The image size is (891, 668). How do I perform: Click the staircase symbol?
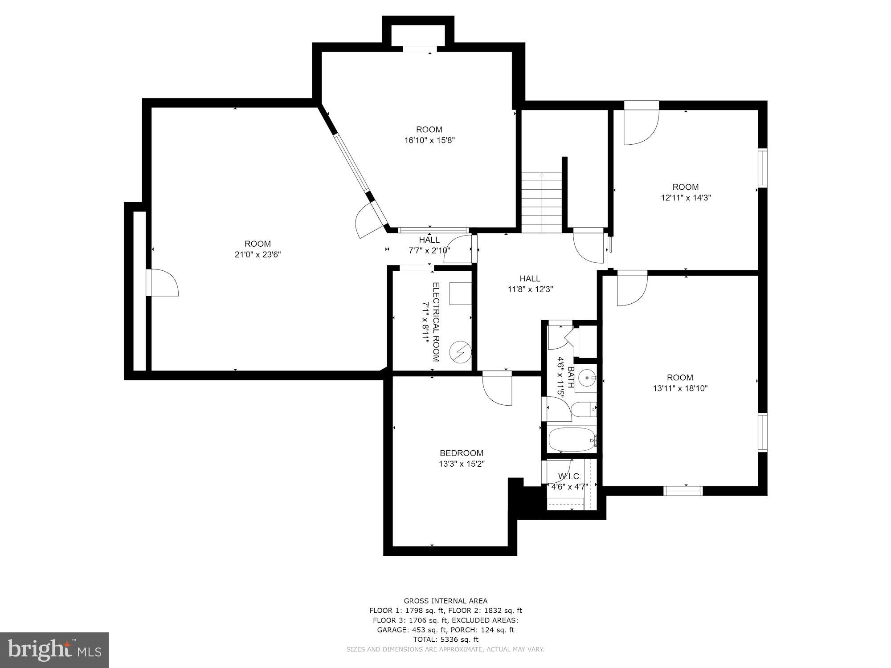[x=542, y=201]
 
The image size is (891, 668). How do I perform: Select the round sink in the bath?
[x=588, y=378]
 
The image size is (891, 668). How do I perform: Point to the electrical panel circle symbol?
[x=460, y=352]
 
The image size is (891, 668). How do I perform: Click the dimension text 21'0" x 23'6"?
[x=257, y=255]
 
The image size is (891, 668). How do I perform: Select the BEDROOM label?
[x=461, y=453]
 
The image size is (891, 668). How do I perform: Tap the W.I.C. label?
[x=569, y=477]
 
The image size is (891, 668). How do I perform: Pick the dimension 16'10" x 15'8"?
[x=429, y=140]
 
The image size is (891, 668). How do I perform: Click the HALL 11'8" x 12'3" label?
[x=530, y=284]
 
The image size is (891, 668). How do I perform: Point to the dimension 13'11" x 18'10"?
[x=680, y=388]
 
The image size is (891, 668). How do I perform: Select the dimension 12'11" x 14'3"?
[x=685, y=198]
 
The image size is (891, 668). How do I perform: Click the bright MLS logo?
[x=54, y=650]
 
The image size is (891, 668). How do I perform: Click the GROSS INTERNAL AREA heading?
[x=445, y=601]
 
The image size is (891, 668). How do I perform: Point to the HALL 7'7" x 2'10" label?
[x=429, y=245]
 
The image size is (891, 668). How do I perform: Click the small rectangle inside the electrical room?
[x=460, y=293]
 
